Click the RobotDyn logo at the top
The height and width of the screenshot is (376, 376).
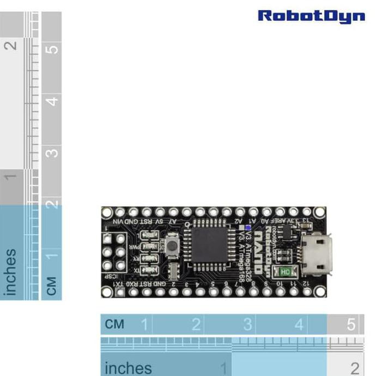pos(311,16)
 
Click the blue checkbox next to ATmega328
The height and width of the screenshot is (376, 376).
pos(248,228)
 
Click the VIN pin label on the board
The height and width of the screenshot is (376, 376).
pos(119,221)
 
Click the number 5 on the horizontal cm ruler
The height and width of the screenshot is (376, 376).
pos(351,325)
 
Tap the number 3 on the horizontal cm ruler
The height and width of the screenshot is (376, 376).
pos(247,325)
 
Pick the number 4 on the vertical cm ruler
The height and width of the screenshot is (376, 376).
pos(52,101)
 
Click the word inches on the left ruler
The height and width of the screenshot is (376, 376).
pos(10,272)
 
